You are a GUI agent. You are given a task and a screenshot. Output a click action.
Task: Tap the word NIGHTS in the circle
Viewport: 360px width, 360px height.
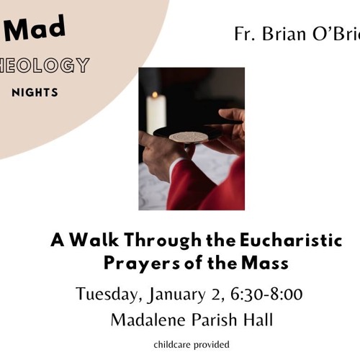point(35,92)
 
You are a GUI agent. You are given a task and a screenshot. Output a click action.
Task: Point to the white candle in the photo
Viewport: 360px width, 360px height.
point(156,114)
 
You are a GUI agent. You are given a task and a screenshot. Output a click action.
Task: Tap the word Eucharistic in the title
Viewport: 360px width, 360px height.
point(288,240)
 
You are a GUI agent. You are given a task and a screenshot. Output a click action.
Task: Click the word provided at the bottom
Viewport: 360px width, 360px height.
point(211,345)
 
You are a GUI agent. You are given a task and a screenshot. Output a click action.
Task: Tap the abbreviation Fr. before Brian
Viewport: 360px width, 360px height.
point(245,34)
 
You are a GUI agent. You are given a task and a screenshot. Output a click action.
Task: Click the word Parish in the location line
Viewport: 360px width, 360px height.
point(213,320)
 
